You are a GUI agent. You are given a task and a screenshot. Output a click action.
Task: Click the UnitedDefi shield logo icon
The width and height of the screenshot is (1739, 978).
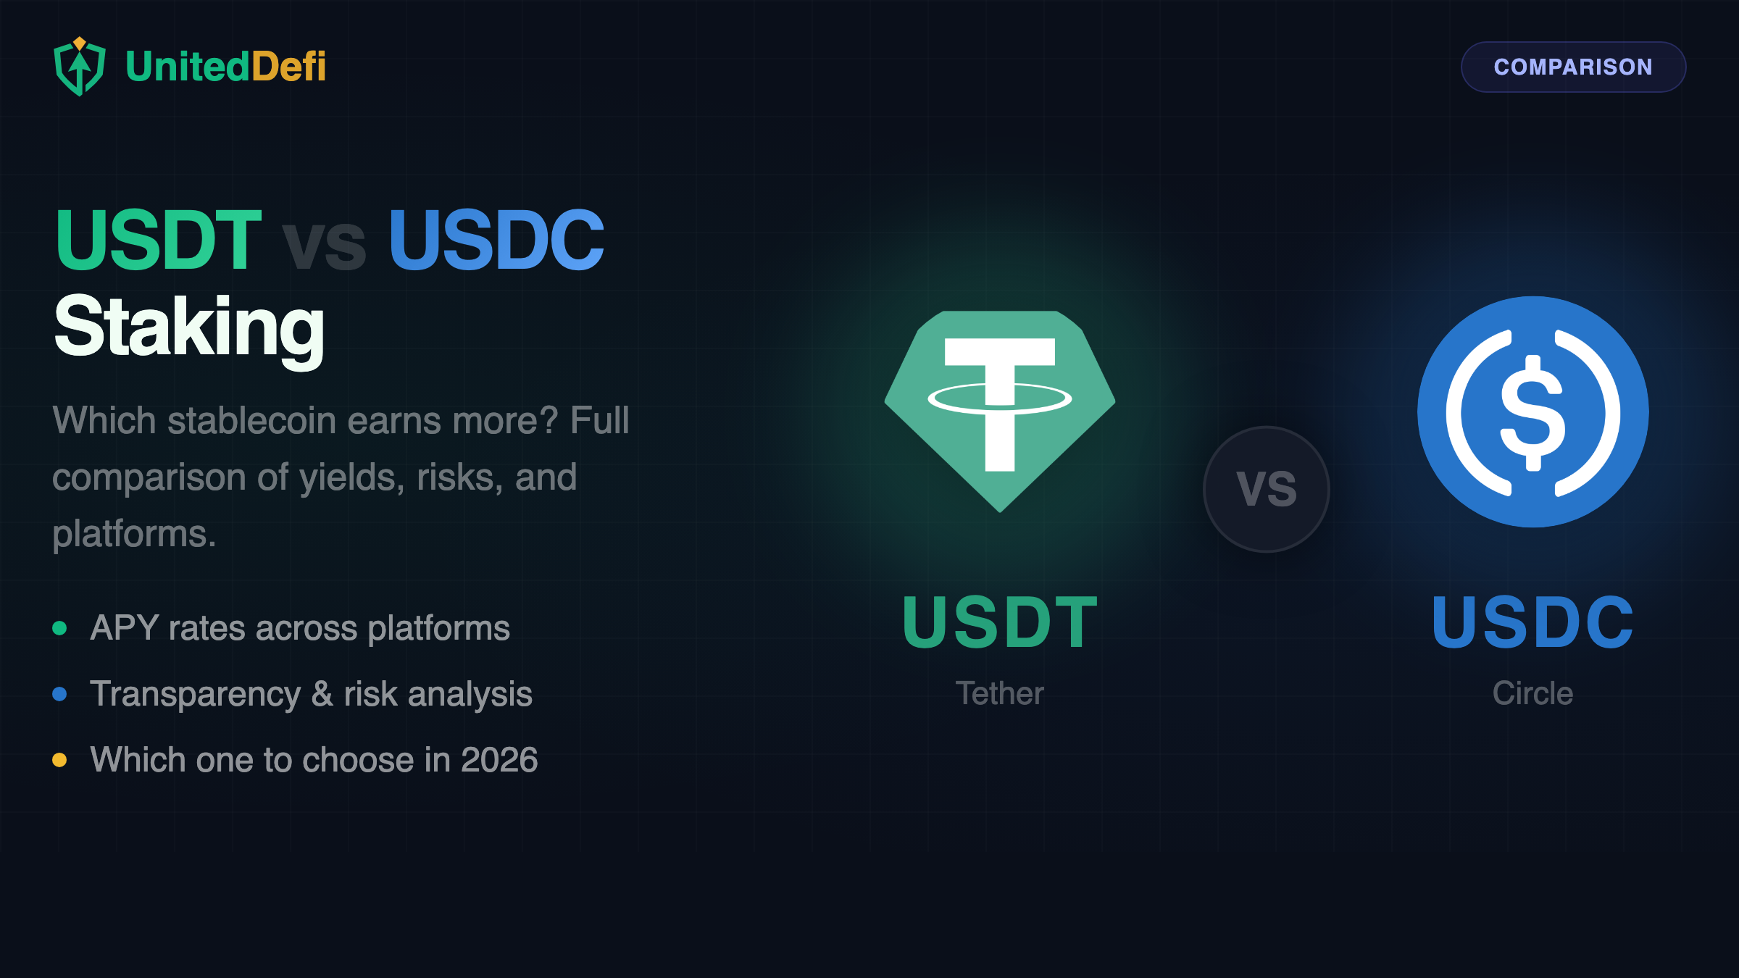(80, 67)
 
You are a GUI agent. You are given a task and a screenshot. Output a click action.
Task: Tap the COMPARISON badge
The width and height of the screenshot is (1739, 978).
(1572, 67)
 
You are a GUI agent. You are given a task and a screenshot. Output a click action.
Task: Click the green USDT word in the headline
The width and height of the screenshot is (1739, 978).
(158, 240)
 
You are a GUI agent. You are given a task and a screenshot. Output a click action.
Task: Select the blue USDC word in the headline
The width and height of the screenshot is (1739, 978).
(496, 240)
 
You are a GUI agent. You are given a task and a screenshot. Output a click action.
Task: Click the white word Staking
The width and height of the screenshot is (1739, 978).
(189, 327)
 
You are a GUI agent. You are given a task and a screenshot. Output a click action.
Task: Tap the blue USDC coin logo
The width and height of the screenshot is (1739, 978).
(1532, 411)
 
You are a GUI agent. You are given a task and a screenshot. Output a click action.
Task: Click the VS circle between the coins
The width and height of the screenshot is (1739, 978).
(1266, 489)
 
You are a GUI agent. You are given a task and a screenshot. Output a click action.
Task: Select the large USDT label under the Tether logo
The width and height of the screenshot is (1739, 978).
(999, 622)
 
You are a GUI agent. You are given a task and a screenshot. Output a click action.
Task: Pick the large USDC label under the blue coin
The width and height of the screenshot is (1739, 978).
(1532, 622)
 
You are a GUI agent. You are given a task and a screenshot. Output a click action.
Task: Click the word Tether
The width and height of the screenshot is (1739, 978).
(999, 693)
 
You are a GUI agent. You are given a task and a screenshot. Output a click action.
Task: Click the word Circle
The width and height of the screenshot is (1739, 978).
(1532, 693)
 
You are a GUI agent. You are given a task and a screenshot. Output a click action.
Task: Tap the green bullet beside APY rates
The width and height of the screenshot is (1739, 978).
(60, 628)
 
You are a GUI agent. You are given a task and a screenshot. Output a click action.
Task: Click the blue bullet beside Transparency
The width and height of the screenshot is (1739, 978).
(60, 694)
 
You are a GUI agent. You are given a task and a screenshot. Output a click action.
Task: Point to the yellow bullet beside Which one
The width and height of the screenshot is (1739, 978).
(60, 760)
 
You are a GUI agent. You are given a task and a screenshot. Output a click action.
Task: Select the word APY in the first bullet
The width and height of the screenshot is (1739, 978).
(124, 628)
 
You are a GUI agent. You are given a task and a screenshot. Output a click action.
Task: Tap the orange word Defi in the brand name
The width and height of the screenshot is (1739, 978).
(288, 67)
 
